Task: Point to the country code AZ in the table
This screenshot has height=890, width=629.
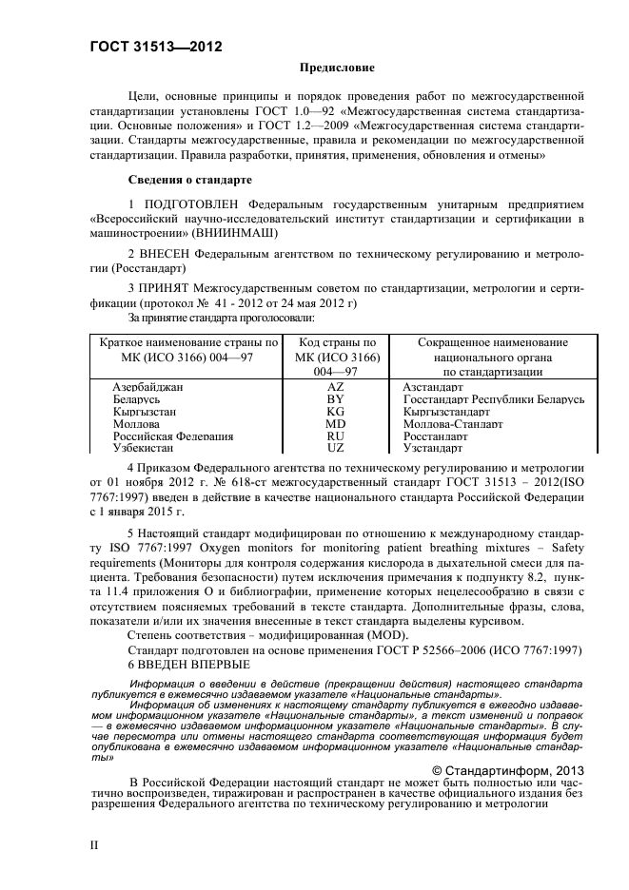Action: (336, 388)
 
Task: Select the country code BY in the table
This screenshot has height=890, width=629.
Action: (336, 400)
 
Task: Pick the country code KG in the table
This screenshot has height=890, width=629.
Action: (336, 412)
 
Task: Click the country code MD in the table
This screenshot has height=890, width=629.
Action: (336, 424)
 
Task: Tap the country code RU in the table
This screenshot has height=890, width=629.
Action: (336, 435)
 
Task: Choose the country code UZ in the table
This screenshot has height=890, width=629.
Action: (336, 447)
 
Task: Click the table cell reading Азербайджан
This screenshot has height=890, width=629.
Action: (147, 388)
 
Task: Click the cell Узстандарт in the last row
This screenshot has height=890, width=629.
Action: (432, 447)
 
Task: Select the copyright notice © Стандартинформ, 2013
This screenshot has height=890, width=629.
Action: (507, 770)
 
